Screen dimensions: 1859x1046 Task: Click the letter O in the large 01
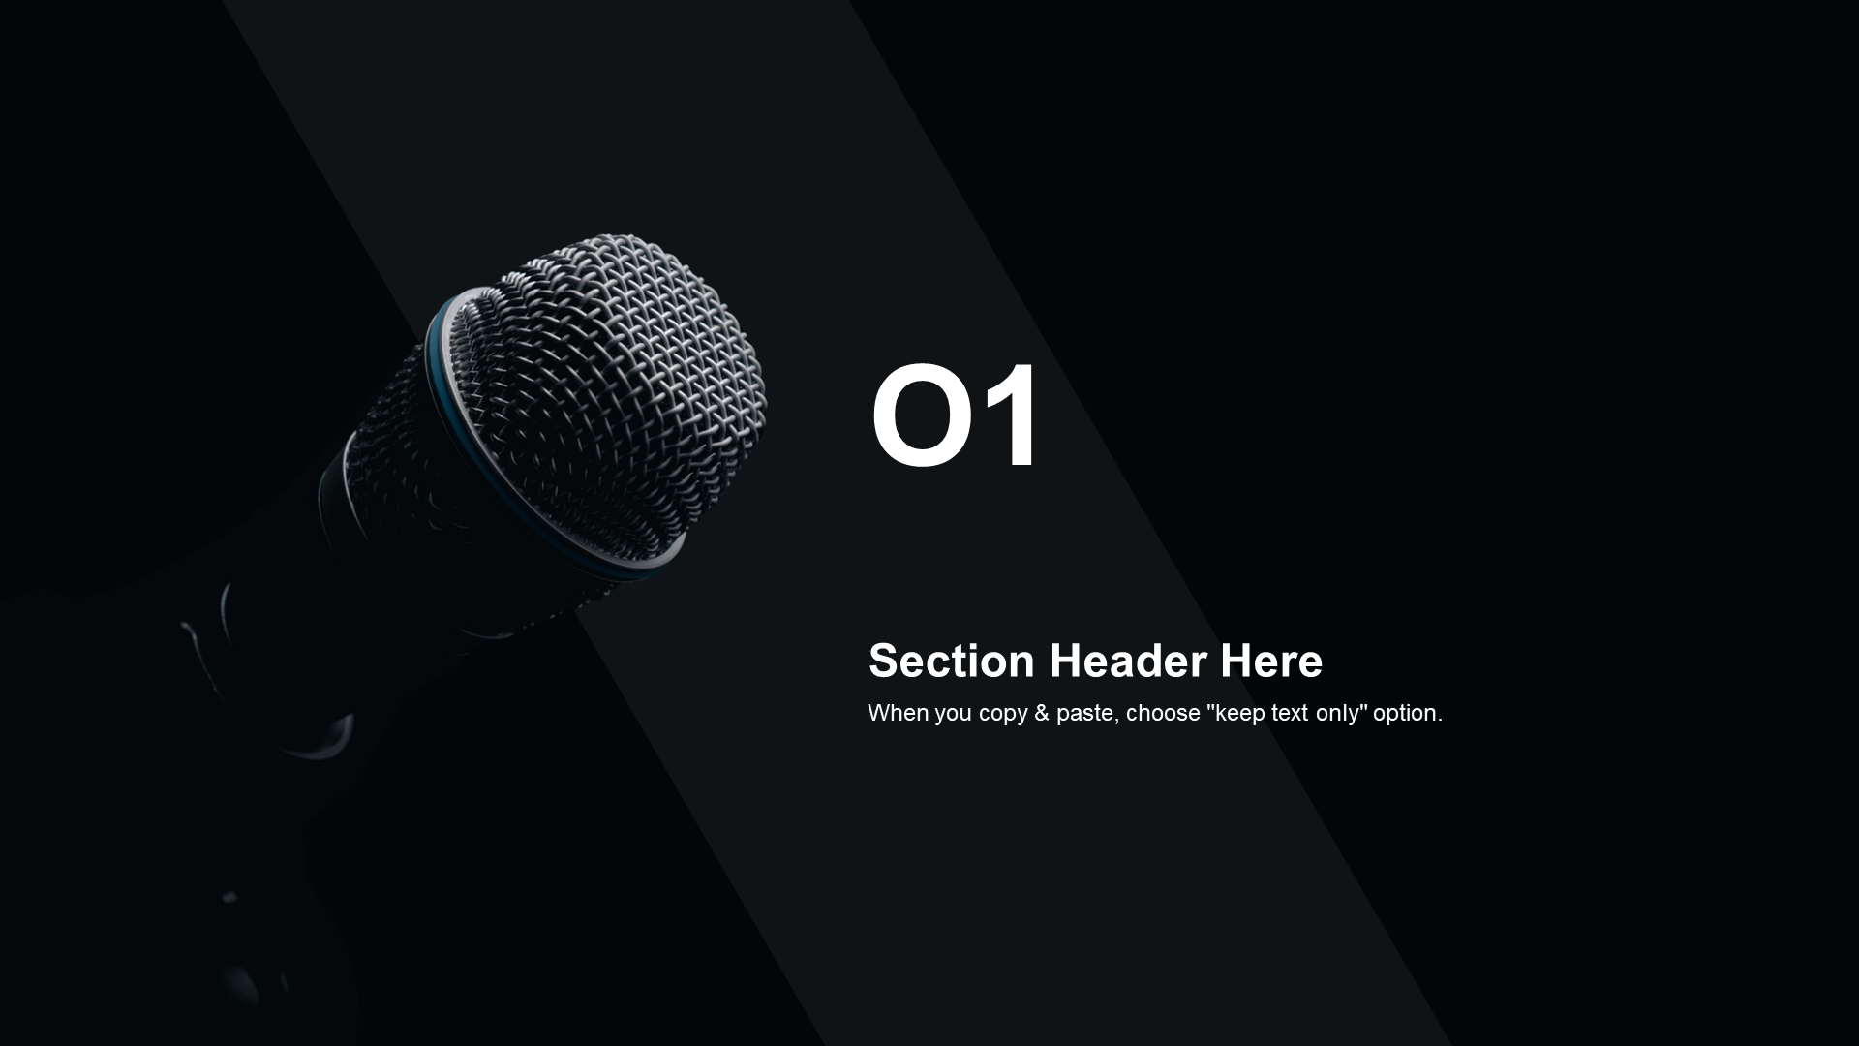coord(922,415)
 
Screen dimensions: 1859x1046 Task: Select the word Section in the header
coord(952,661)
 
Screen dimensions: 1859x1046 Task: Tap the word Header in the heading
coord(1128,661)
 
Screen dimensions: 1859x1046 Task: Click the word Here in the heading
coord(1271,661)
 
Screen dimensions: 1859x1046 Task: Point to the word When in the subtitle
coord(898,713)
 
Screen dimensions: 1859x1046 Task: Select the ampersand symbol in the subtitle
coord(1041,713)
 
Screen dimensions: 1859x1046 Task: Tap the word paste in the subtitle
coord(1084,715)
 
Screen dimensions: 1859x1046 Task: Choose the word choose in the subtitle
coord(1163,713)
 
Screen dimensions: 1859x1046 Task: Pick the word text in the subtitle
coord(1289,713)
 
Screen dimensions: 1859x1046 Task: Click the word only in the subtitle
coord(1337,715)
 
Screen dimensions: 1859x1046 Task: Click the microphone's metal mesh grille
coord(620,387)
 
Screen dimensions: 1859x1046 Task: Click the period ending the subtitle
coord(1440,721)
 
